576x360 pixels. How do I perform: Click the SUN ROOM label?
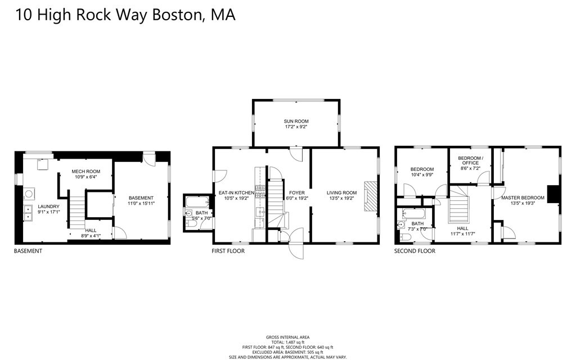[296, 121]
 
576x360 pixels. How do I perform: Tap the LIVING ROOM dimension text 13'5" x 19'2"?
[342, 199]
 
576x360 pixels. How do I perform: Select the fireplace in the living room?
[368, 196]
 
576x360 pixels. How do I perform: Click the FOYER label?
[296, 193]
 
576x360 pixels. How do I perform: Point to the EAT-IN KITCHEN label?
[236, 193]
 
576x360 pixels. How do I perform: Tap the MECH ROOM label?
[85, 171]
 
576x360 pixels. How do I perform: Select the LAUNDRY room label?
[48, 206]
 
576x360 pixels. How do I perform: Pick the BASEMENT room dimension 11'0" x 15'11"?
[141, 204]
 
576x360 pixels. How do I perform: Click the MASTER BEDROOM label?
[523, 197]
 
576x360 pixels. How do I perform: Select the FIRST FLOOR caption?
[228, 251]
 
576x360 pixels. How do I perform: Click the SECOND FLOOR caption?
[415, 251]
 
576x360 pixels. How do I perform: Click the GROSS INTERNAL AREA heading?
[288, 337]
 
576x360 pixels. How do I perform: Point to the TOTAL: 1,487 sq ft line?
[288, 343]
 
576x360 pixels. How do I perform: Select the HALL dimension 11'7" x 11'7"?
[462, 234]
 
